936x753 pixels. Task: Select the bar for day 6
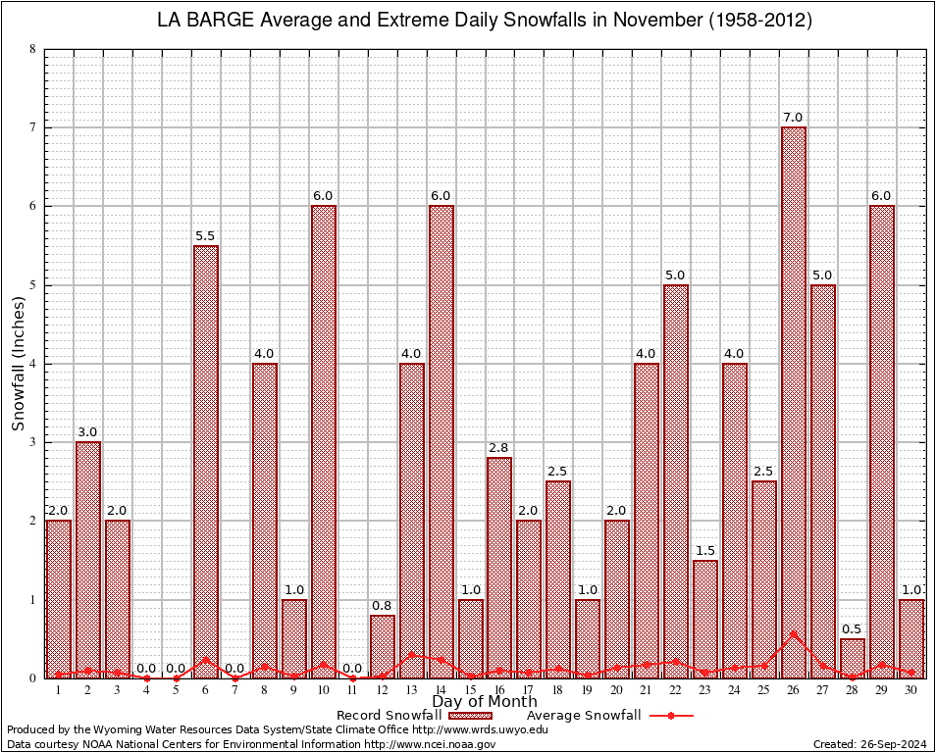pos(206,461)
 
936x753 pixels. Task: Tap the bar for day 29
pos(882,441)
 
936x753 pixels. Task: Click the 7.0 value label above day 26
pos(794,118)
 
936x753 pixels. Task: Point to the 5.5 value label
pos(206,236)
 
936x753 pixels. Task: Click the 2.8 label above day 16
pos(499,448)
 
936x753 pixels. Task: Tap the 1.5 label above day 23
pos(705,551)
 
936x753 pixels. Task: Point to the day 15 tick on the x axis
pos(470,690)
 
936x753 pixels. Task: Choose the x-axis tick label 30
pos(911,690)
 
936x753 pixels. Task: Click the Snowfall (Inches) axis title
pos(19,364)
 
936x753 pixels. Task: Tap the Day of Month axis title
pos(485,702)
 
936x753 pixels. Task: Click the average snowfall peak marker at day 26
pos(794,633)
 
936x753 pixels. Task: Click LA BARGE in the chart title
pos(205,21)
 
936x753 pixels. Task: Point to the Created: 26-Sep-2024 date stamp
pos(869,744)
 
